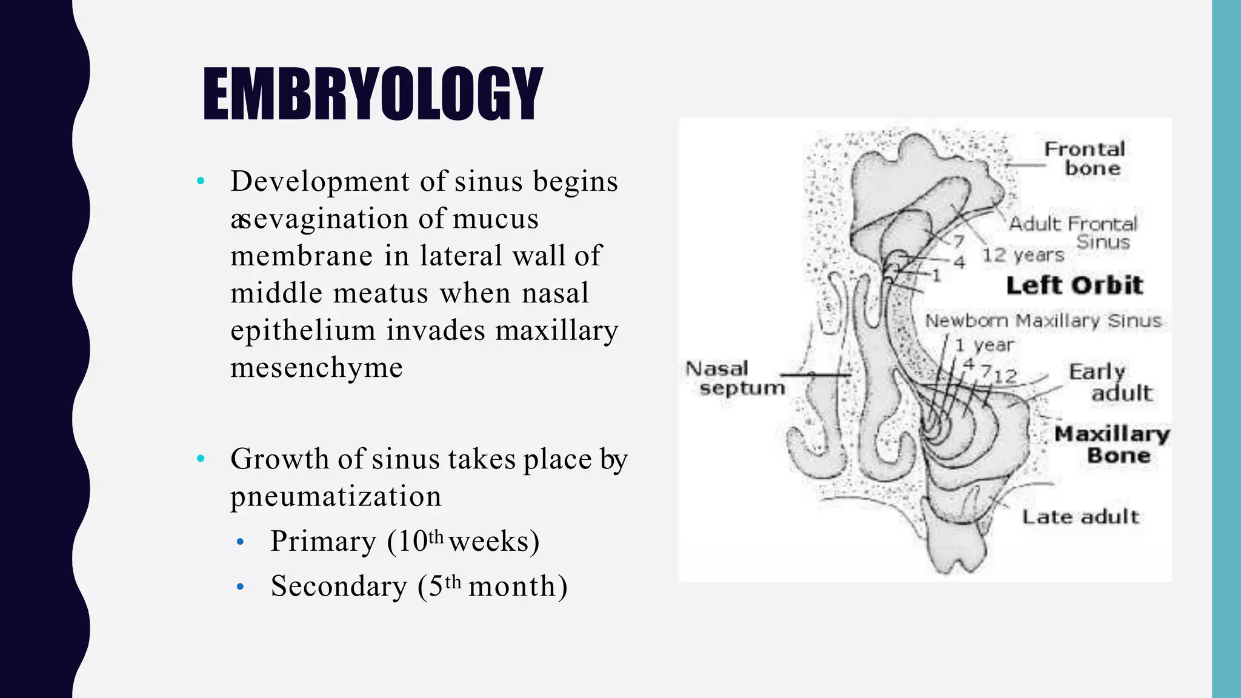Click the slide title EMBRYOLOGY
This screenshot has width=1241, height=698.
click(x=372, y=94)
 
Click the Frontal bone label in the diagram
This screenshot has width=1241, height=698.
click(x=1085, y=158)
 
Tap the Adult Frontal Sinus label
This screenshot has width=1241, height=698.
click(x=1073, y=233)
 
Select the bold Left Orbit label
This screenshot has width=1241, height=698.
click(x=1074, y=285)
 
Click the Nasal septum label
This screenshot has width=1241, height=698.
click(x=733, y=377)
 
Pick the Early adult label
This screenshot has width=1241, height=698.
click(x=1109, y=382)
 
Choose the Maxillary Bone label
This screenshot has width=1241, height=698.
click(x=1112, y=444)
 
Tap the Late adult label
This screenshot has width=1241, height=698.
click(x=1080, y=517)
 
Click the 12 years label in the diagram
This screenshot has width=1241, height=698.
click(x=1023, y=255)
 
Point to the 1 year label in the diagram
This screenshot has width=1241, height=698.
click(x=984, y=345)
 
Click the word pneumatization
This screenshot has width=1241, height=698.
click(x=336, y=497)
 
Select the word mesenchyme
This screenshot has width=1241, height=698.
click(x=316, y=368)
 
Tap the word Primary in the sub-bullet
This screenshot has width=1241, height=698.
click(x=323, y=541)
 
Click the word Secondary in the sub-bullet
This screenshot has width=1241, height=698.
click(x=339, y=587)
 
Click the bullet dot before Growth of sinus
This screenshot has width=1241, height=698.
click(x=201, y=459)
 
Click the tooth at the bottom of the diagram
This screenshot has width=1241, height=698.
click(x=956, y=548)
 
